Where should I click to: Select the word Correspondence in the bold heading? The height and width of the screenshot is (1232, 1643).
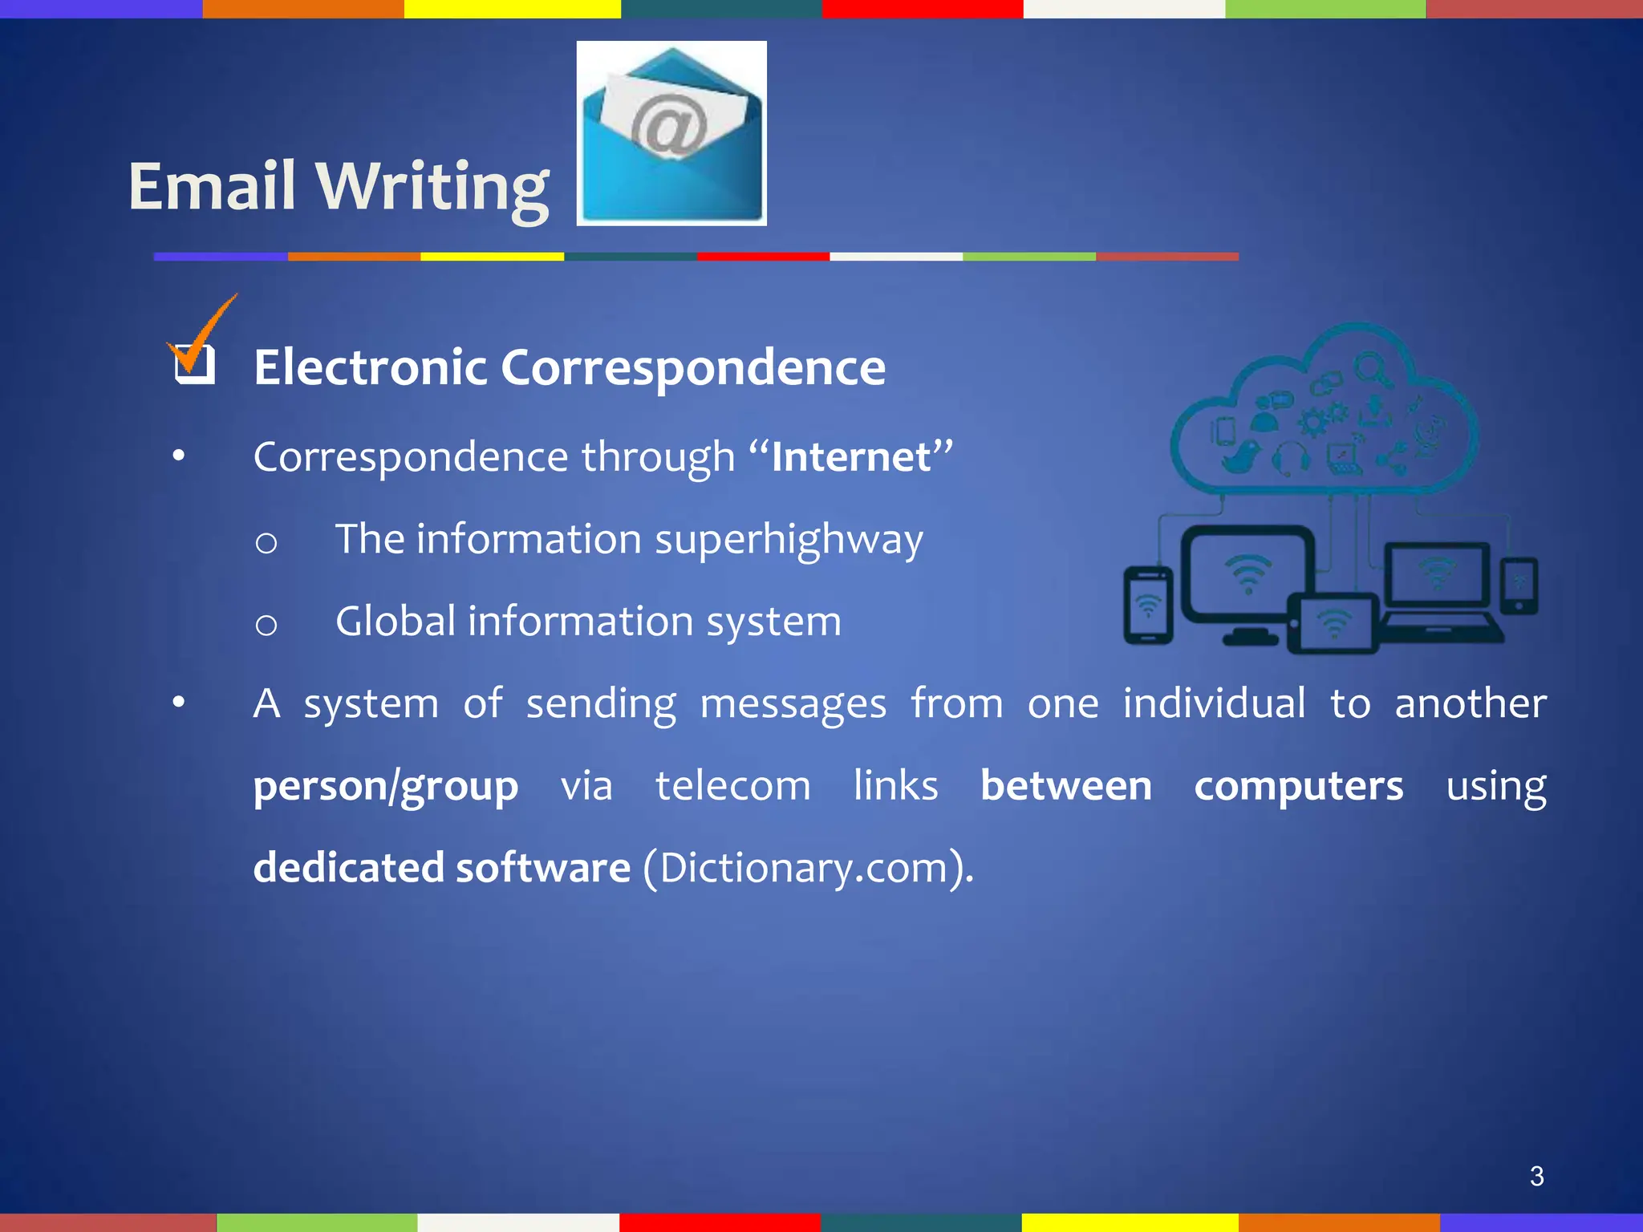click(693, 367)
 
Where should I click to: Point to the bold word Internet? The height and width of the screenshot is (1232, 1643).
click(850, 457)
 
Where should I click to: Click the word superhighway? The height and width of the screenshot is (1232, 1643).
click(789, 540)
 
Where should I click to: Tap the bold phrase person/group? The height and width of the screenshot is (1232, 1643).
click(385, 786)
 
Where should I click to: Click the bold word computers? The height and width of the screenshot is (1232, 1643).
click(1298, 786)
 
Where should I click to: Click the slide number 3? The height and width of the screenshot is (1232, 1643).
click(1536, 1176)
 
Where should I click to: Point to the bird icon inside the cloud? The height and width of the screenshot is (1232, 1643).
click(1239, 457)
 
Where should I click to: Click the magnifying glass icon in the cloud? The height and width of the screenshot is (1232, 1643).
click(1373, 370)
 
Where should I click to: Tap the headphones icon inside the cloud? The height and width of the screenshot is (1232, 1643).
click(1291, 459)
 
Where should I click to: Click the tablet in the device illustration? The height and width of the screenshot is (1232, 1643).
click(1333, 624)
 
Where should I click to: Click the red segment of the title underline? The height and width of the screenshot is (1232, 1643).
click(762, 257)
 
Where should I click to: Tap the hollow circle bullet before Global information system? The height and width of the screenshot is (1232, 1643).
click(266, 624)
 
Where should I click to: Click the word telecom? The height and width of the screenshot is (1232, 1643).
click(732, 786)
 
